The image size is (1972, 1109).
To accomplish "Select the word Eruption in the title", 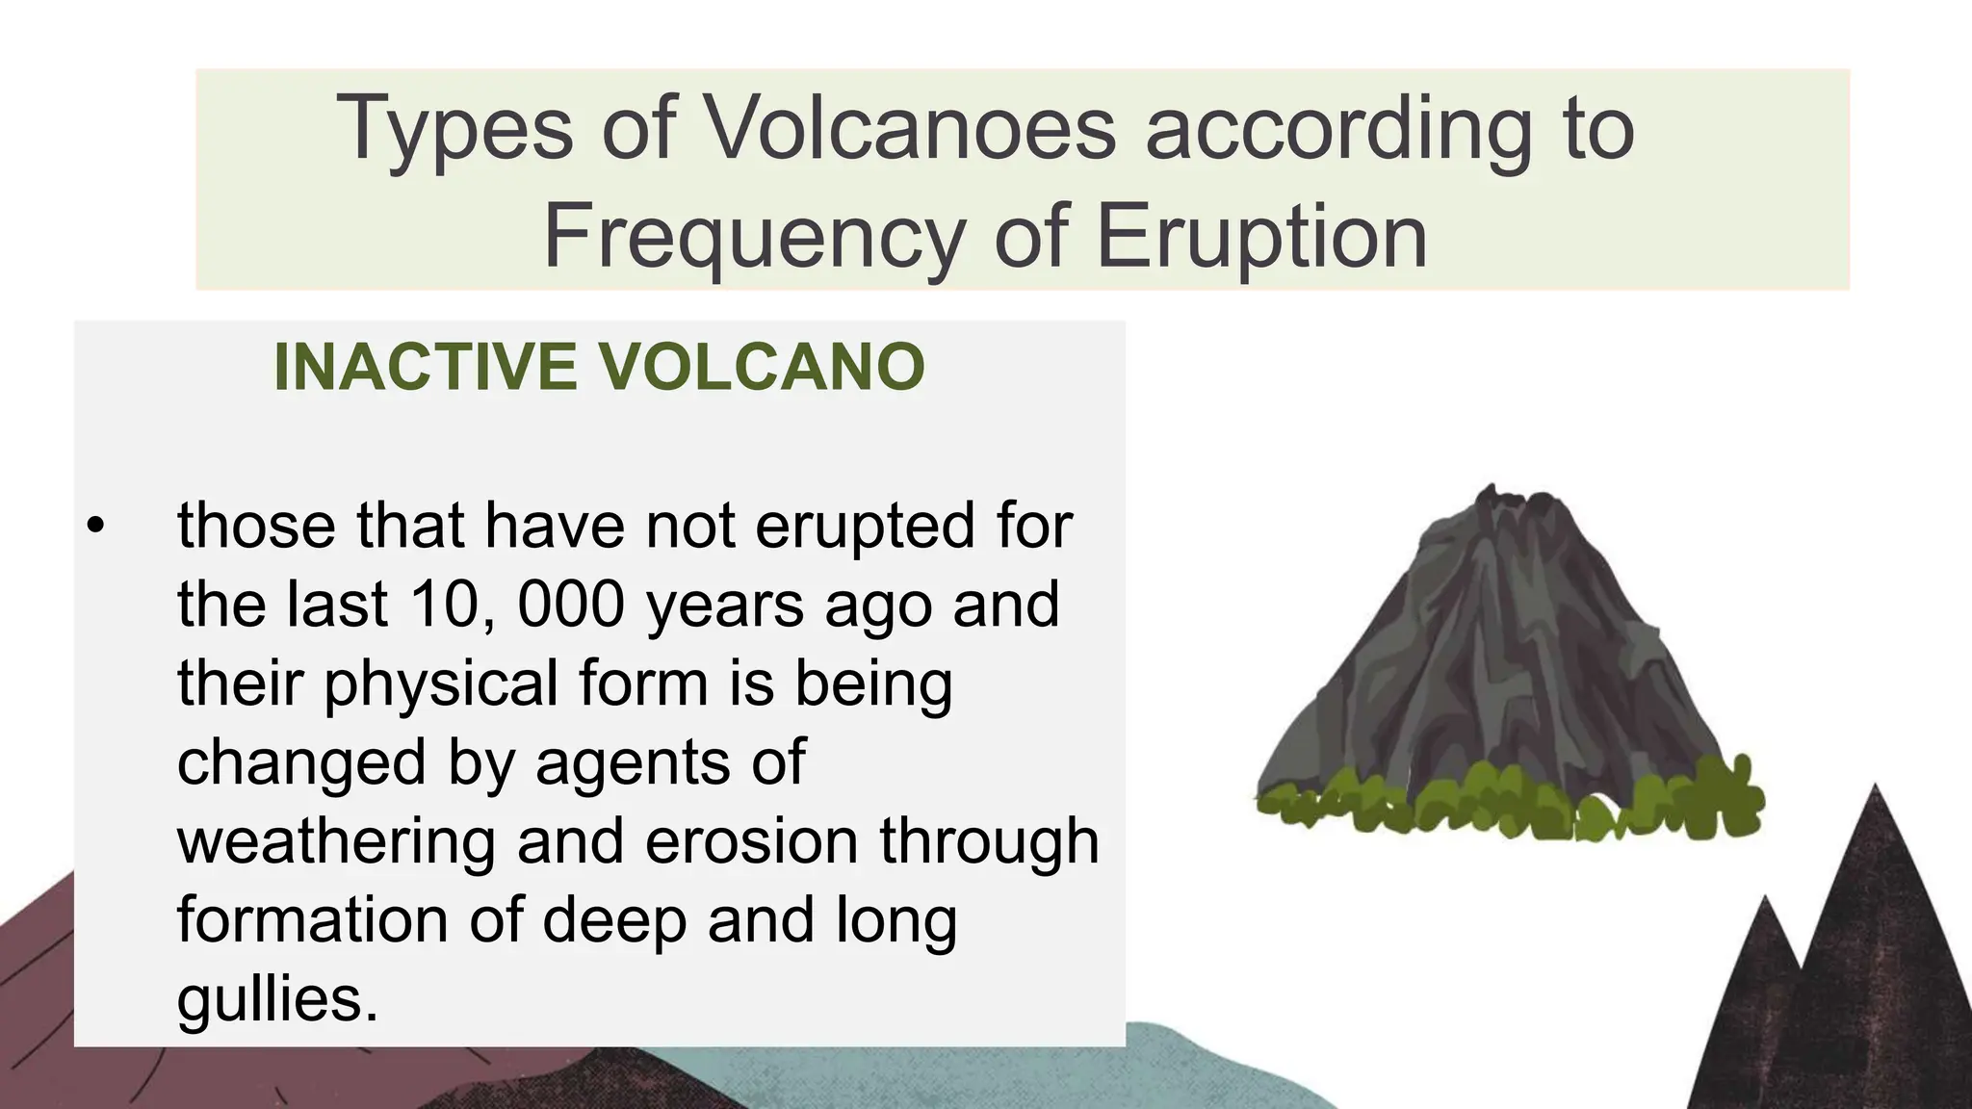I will (x=1261, y=237).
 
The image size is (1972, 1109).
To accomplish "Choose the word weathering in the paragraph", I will (x=336, y=840).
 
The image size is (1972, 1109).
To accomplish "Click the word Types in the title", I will (x=454, y=128).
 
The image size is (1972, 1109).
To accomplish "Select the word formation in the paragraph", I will (x=313, y=919).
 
